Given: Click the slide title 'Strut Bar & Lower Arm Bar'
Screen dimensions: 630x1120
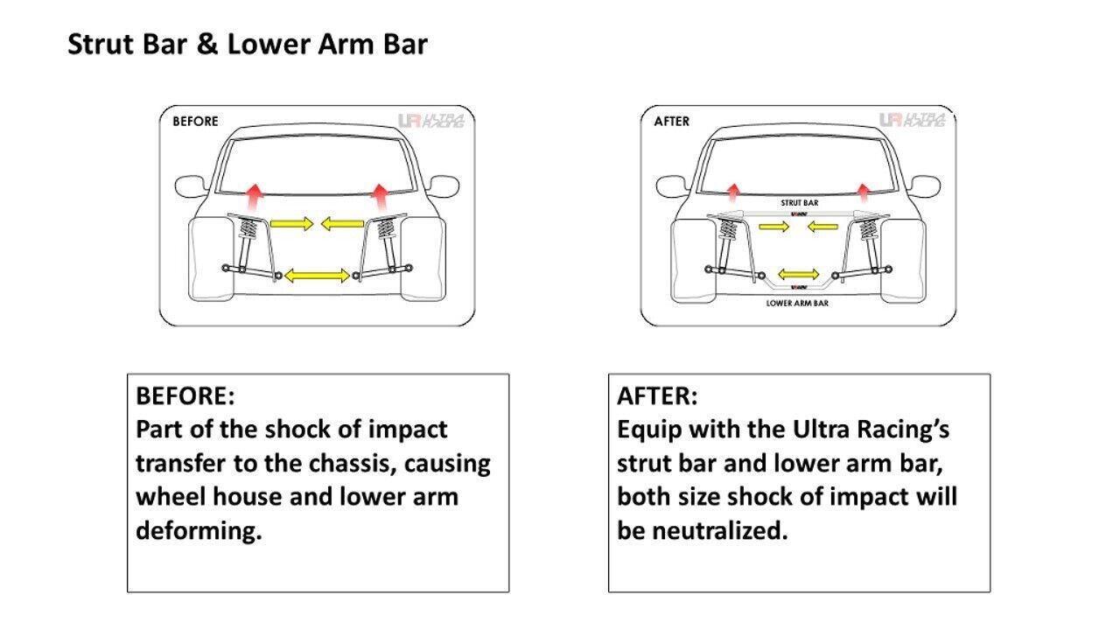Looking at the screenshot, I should pyautogui.click(x=248, y=45).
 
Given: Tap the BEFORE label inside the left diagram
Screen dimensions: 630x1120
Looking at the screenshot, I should pyautogui.click(x=195, y=122).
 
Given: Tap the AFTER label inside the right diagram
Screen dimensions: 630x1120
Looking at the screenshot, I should pyautogui.click(x=672, y=122).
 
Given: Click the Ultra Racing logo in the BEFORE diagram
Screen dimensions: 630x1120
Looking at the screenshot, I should pyautogui.click(x=430, y=121).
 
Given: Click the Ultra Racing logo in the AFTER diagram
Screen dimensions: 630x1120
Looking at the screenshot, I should pyautogui.click(x=912, y=120).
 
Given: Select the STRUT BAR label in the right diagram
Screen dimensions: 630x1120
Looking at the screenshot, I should pyautogui.click(x=799, y=202).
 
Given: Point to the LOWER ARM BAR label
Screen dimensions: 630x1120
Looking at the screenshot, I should pyautogui.click(x=797, y=304).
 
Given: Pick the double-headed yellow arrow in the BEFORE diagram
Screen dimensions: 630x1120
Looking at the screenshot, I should pyautogui.click(x=317, y=276).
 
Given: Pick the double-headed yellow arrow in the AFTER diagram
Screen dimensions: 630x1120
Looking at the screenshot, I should pyautogui.click(x=798, y=274).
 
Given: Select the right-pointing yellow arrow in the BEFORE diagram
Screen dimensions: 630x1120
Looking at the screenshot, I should pyautogui.click(x=291, y=224).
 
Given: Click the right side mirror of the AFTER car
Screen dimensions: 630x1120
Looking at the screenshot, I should pyautogui.click(x=924, y=186).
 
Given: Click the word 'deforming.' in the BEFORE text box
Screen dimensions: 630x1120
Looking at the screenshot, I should pyautogui.click(x=199, y=531).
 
